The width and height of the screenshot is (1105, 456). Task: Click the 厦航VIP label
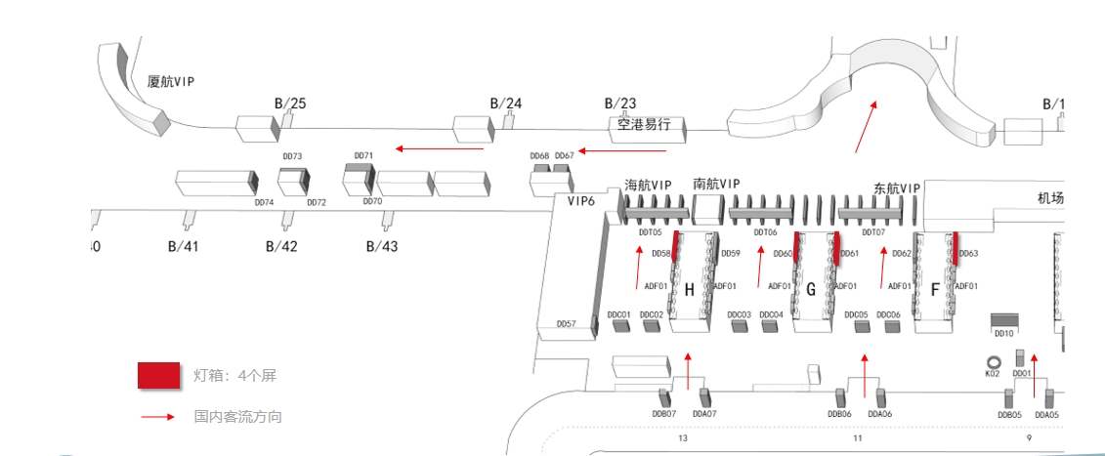coord(171,82)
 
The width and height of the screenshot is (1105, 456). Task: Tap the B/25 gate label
coord(289,104)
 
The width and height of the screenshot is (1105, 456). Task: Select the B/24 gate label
coord(506,104)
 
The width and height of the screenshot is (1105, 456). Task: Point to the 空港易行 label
coord(644,125)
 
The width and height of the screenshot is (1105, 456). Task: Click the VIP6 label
coord(581,201)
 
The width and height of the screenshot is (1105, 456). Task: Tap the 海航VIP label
coord(648,185)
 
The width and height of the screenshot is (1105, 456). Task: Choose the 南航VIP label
coord(716,184)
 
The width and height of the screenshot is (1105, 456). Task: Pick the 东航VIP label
coord(896,187)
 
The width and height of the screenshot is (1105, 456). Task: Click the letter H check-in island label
coord(689,290)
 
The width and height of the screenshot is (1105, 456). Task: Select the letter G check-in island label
coord(810,290)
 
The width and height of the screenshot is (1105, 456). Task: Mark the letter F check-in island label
coord(935,290)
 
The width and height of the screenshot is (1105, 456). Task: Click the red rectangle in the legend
coord(158,376)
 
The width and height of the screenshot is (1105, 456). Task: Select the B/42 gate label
coord(281,246)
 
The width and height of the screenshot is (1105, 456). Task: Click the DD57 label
coord(566,323)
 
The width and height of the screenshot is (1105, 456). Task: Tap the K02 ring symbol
coord(993,360)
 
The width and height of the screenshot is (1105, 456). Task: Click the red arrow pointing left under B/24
coord(440,149)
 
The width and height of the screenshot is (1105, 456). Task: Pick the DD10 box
coord(1004,320)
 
